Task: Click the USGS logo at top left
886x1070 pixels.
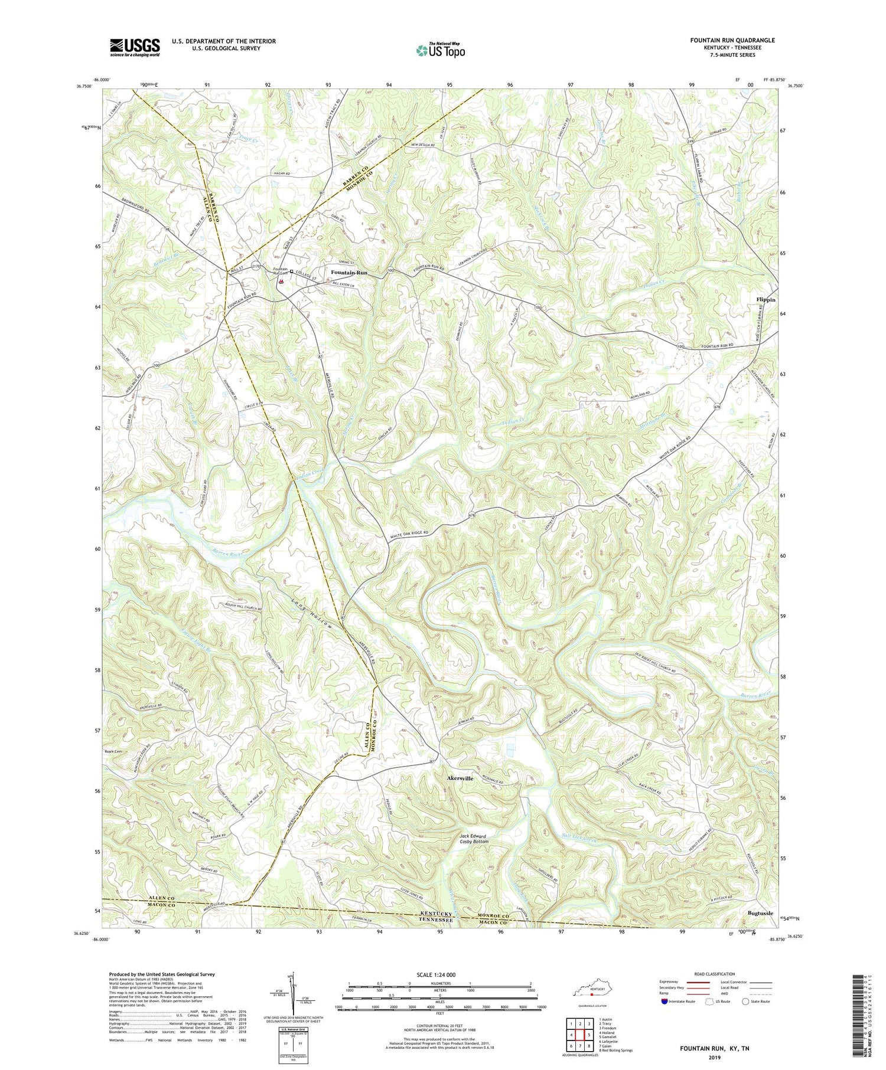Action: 135,47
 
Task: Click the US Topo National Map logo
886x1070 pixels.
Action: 440,50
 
